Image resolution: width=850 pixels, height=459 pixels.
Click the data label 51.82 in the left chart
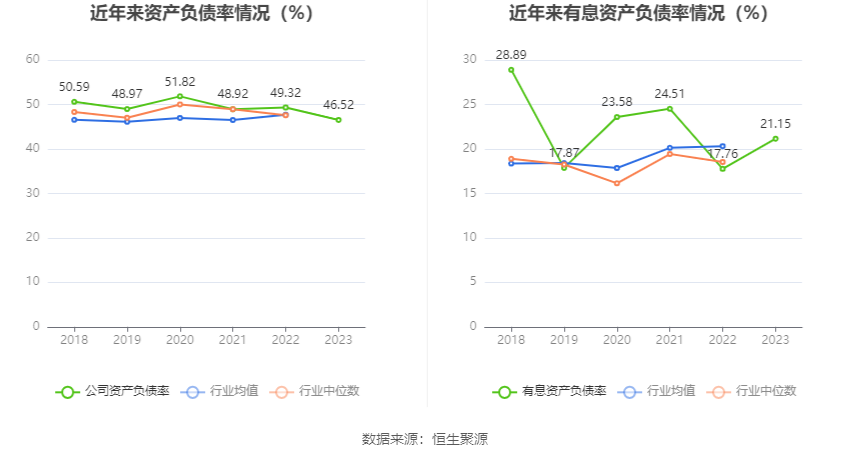point(180,81)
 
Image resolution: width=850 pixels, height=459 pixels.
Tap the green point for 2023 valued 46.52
point(339,120)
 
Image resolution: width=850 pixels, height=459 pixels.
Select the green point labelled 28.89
point(511,70)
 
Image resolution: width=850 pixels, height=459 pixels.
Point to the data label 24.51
point(670,94)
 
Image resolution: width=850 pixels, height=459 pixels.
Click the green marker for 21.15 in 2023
point(775,139)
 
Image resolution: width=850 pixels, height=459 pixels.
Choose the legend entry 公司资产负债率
point(113,391)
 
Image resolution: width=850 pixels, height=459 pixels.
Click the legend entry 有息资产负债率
point(550,391)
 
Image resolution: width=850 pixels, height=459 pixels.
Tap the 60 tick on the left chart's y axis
point(33,60)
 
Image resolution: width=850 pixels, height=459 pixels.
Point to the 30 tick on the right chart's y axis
point(470,60)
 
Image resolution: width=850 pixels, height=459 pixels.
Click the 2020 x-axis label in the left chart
point(180,340)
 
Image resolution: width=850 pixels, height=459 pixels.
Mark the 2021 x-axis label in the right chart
point(670,340)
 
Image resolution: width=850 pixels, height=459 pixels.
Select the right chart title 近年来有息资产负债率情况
point(638,14)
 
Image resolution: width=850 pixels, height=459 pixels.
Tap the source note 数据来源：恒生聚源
point(424,439)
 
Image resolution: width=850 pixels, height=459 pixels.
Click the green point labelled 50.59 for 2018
point(74,102)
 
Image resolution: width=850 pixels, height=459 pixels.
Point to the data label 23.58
point(617,102)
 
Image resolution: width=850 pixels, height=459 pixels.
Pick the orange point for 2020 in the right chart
point(617,183)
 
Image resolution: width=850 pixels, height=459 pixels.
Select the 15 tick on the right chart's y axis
point(470,193)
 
